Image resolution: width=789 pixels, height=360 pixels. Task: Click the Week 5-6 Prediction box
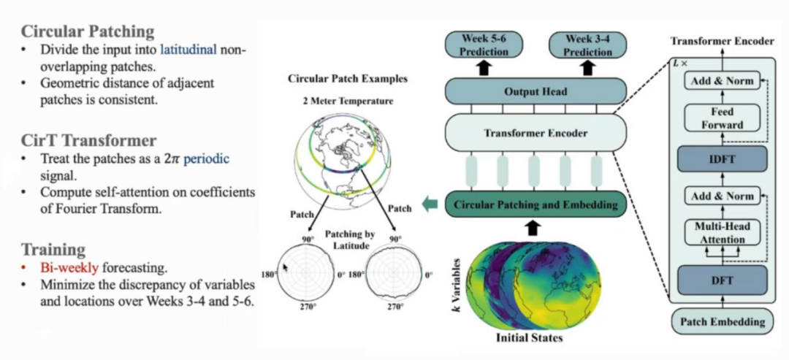pos(484,45)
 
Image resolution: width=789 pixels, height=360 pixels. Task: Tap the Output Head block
pos(535,92)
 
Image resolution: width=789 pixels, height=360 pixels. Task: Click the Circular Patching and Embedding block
pos(536,204)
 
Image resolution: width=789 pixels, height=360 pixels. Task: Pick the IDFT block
pos(722,158)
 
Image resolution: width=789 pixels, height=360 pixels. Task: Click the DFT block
pos(722,278)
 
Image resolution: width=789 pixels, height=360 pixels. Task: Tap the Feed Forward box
pos(722,119)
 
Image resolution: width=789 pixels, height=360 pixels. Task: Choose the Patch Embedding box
pos(722,321)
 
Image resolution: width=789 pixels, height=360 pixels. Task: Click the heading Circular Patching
pos(88,31)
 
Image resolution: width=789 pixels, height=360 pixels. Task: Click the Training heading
pos(53,249)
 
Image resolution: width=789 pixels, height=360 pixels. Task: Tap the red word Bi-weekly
pos(62,268)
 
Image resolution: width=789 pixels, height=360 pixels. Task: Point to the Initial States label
pos(530,338)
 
